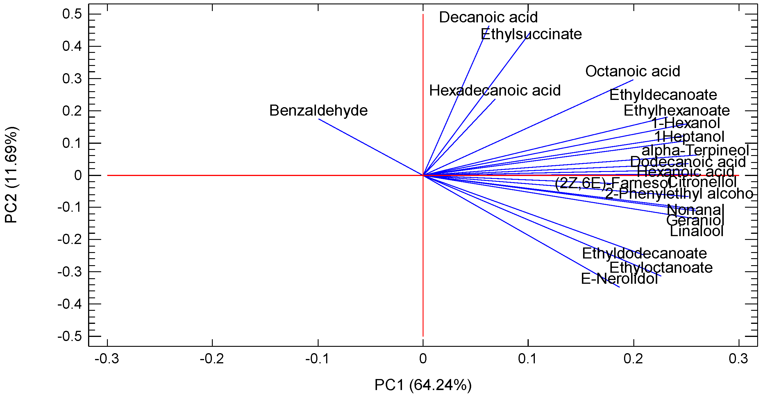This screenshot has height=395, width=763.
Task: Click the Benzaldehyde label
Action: pyautogui.click(x=318, y=110)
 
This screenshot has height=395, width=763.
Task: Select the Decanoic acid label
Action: pyautogui.click(x=488, y=17)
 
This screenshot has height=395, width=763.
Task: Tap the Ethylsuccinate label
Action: pyautogui.click(x=531, y=34)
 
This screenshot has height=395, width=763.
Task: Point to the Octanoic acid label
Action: pyautogui.click(x=632, y=71)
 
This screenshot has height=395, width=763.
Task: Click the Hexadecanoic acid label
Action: pyautogui.click(x=495, y=90)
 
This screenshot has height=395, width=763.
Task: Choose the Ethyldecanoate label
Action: pyautogui.click(x=663, y=95)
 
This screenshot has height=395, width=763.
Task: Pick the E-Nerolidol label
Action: pyautogui.click(x=619, y=279)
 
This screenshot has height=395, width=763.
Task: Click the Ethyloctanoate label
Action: pyautogui.click(x=661, y=268)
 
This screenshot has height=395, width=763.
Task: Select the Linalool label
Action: pyautogui.click(x=696, y=231)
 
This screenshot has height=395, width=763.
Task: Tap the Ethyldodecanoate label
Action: pyautogui.click(x=644, y=254)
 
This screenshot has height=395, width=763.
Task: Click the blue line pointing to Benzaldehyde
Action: pyautogui.click(x=370, y=147)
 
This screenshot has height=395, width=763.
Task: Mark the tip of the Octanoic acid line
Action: pyautogui.click(x=633, y=80)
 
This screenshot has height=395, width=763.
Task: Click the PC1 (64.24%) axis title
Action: pyautogui.click(x=423, y=385)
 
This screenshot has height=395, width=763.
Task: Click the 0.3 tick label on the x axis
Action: pyautogui.click(x=738, y=359)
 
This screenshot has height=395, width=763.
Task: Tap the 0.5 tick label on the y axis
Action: pyautogui.click(x=72, y=14)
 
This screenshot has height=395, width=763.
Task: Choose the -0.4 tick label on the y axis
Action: pyautogui.click(x=69, y=304)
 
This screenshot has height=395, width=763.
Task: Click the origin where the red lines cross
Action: pyautogui.click(x=423, y=175)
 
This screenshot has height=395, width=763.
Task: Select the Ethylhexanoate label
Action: pyautogui.click(x=676, y=111)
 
